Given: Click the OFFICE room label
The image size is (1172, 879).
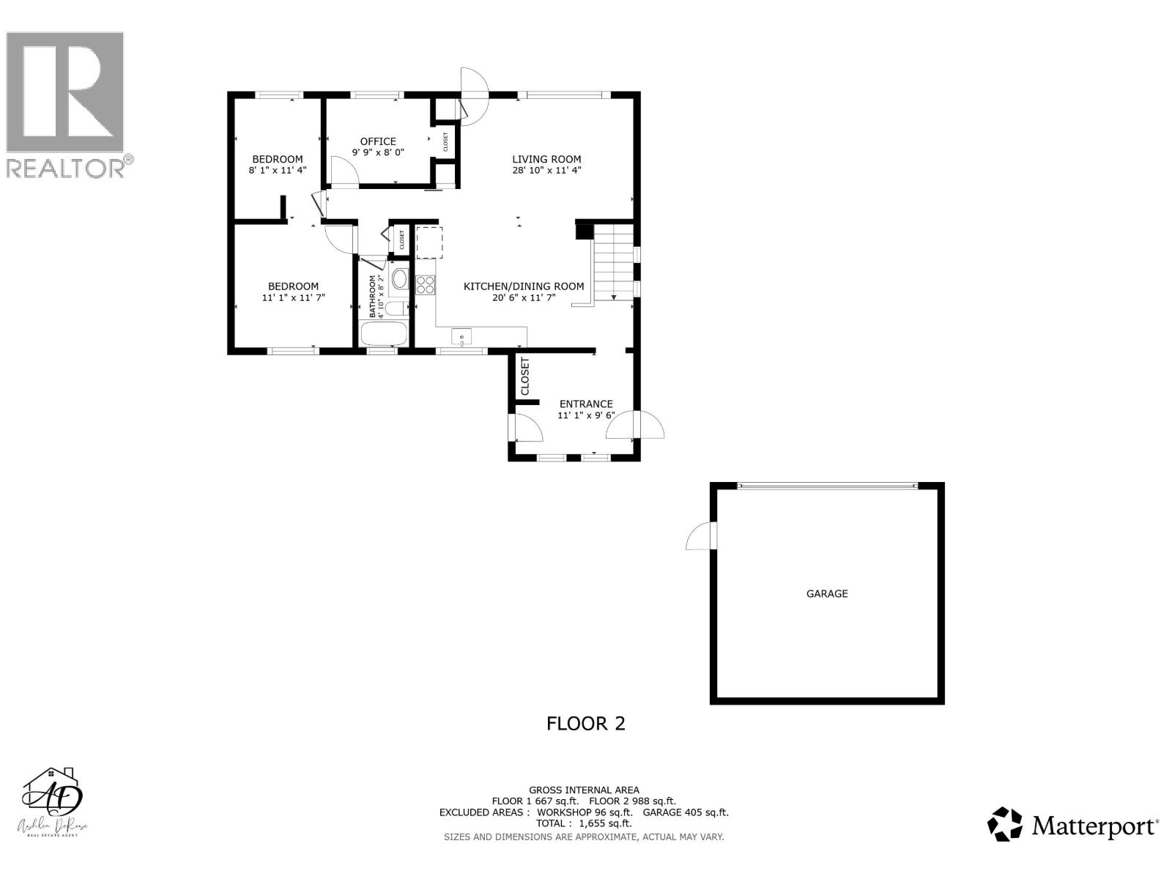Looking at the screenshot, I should [378, 141].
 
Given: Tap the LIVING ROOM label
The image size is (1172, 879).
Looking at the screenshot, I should [546, 159].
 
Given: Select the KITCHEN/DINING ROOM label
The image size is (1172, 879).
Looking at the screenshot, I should [524, 286].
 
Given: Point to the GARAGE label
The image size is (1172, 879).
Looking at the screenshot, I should [827, 593].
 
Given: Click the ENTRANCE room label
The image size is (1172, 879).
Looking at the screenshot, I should [586, 404].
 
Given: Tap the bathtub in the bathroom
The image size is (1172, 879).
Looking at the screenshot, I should [384, 334].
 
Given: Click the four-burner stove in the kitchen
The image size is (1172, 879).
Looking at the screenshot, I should [426, 284].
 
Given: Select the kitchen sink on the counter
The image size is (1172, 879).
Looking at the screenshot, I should [461, 337].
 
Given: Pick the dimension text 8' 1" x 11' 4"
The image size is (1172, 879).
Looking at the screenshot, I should [278, 170].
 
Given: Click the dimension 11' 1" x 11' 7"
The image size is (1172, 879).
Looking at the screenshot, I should [293, 298].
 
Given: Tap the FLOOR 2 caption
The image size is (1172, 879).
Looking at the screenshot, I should [586, 724].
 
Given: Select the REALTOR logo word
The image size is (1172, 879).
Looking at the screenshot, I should [66, 168].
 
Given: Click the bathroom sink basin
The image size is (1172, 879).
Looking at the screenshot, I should [400, 278].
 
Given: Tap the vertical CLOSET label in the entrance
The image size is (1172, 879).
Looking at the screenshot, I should [524, 377].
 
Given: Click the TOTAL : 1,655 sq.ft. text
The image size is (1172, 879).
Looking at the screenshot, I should [584, 823].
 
